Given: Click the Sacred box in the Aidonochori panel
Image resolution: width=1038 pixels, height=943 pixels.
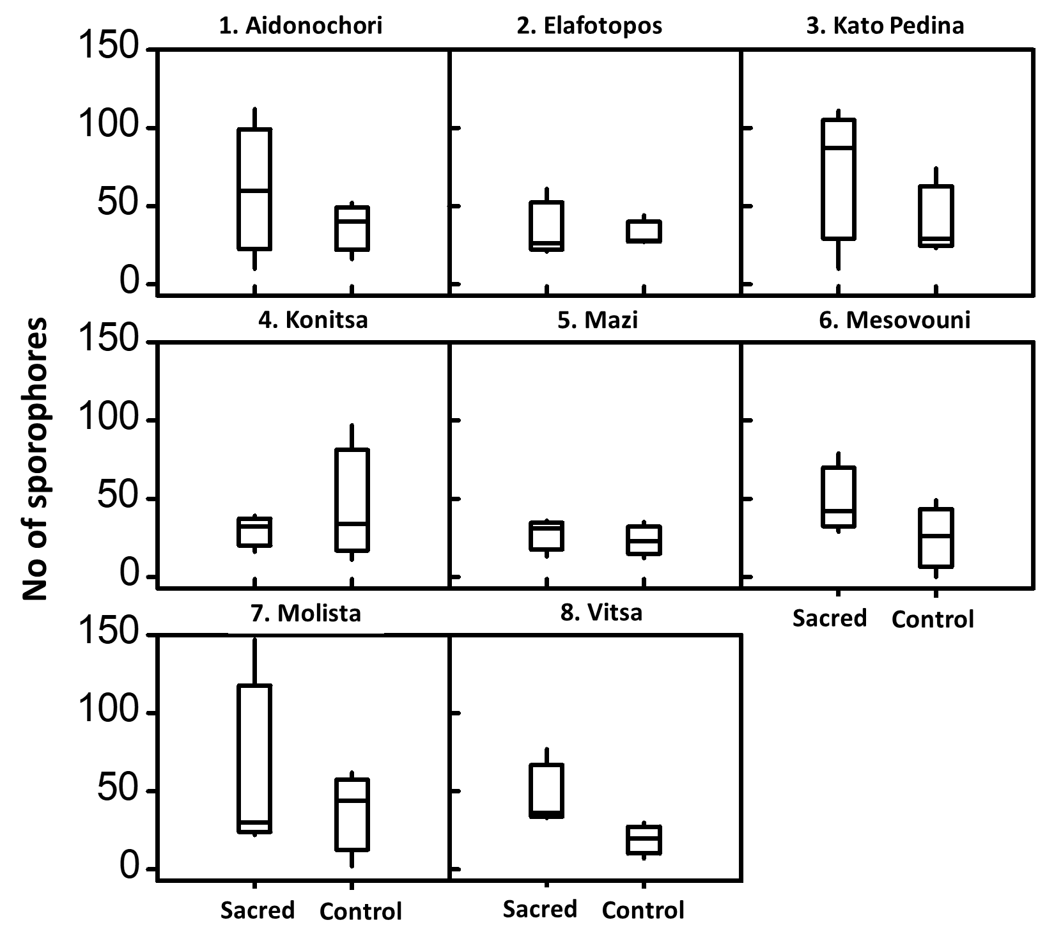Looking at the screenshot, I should (x=254, y=189).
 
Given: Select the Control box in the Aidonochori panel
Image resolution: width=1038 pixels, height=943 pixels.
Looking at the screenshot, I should (x=352, y=228).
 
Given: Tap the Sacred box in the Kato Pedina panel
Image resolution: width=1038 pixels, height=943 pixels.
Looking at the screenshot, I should (x=839, y=179).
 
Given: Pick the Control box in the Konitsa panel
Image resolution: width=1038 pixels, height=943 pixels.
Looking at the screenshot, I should (x=352, y=500).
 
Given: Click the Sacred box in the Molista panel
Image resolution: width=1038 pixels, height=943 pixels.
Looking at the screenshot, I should (x=254, y=759).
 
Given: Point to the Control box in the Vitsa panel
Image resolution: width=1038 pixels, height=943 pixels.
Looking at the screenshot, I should (x=644, y=840).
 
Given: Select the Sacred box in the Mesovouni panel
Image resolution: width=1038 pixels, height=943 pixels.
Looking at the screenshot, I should (x=839, y=497).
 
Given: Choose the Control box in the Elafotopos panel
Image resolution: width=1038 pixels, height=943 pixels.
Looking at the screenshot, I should (x=644, y=231).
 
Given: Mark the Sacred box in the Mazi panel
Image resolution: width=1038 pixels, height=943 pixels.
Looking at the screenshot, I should (x=546, y=536).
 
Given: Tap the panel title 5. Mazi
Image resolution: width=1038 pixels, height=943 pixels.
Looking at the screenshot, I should (x=598, y=320).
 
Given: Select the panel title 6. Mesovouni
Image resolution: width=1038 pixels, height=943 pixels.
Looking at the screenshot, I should (x=895, y=320).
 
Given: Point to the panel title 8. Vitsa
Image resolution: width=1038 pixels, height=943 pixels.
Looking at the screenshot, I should (x=601, y=612).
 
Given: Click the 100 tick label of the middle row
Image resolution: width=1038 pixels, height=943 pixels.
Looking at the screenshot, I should (x=109, y=419).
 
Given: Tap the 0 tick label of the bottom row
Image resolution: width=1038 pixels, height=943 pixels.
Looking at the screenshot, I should (x=129, y=868).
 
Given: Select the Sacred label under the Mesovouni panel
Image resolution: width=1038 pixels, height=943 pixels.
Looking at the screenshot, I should (x=830, y=618).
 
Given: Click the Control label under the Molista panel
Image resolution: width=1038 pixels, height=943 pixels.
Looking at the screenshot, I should (x=360, y=911).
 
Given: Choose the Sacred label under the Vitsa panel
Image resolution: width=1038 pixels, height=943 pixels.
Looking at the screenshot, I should (x=540, y=909).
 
